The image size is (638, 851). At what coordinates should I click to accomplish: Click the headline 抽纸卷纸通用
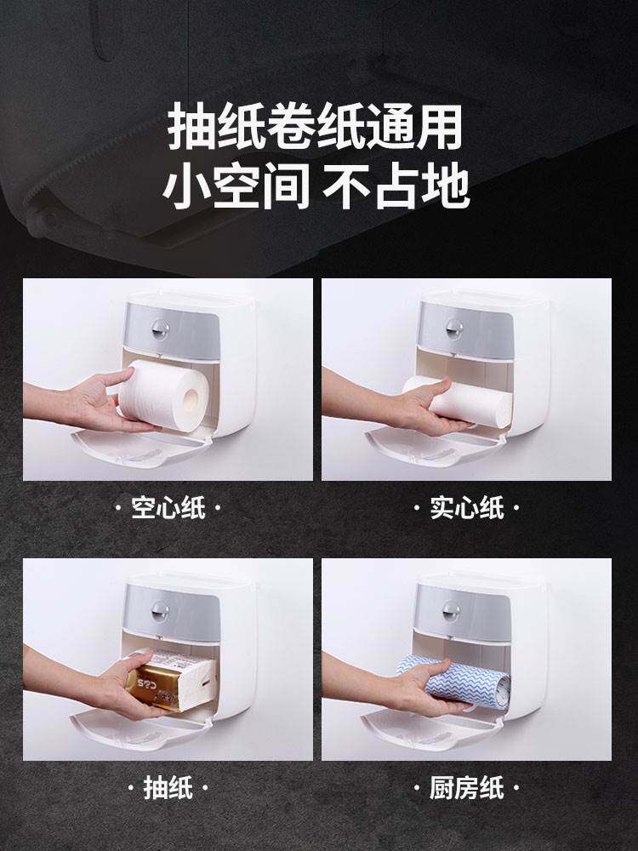[316, 127]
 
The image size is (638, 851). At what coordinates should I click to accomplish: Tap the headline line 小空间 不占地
[316, 187]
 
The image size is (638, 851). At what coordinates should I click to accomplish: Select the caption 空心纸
[168, 508]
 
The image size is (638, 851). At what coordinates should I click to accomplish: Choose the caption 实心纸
[467, 508]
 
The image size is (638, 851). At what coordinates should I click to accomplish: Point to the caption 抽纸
[168, 787]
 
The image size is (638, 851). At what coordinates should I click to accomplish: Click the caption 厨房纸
[467, 787]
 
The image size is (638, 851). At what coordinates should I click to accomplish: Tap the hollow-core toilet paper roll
[163, 395]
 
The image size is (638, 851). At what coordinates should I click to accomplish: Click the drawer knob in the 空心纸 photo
[160, 328]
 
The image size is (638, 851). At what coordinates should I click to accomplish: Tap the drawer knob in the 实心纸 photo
[454, 328]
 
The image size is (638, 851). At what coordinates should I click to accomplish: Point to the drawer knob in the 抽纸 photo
[160, 610]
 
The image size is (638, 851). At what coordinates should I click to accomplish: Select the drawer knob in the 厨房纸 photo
[452, 610]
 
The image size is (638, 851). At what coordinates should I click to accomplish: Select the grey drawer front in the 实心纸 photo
[466, 330]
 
